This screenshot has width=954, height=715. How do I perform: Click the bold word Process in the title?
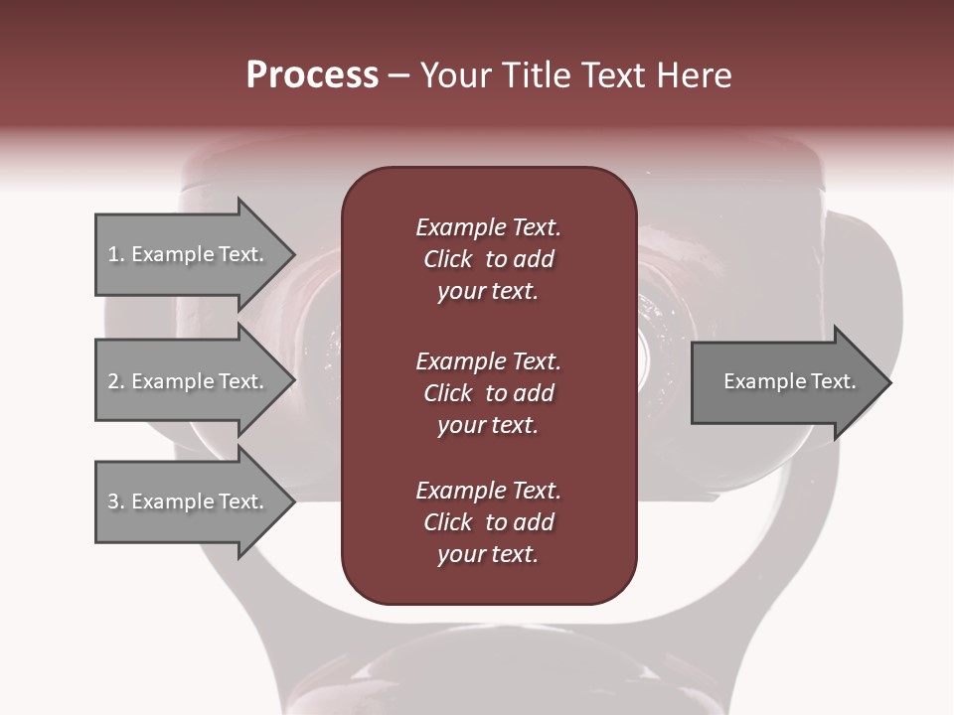pos(312,75)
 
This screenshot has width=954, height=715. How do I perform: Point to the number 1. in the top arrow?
pos(115,254)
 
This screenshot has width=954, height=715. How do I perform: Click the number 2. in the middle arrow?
pos(115,381)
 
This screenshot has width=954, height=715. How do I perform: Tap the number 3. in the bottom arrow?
pos(115,501)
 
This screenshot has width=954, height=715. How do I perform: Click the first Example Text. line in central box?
pos(488,227)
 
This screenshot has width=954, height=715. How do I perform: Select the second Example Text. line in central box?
pos(488,360)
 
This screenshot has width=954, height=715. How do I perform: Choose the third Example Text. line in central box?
pos(488,491)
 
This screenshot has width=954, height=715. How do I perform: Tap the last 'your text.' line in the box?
pos(488,555)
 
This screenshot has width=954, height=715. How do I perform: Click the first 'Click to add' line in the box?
pos(488,259)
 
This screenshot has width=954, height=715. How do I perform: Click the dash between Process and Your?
pos(398,76)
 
